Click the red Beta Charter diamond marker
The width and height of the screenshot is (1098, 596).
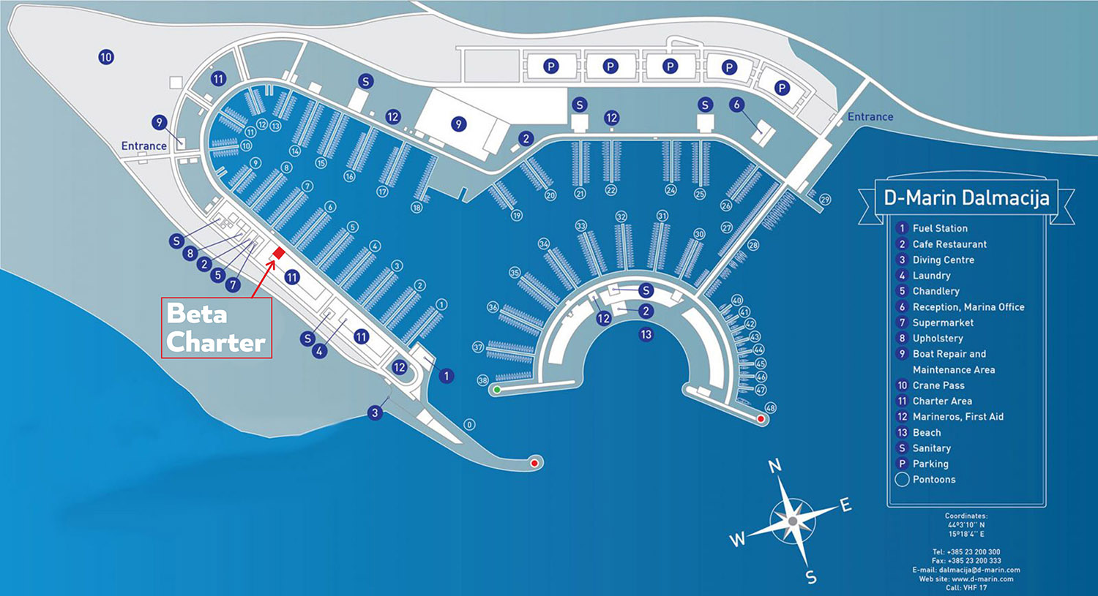click(279, 253)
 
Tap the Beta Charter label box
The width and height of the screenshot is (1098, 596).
click(217, 328)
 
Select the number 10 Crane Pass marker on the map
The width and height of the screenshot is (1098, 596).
click(106, 57)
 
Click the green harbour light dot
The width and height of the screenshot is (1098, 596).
click(497, 390)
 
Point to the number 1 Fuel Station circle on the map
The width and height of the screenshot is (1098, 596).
click(446, 376)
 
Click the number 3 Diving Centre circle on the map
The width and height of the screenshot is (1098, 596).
click(375, 413)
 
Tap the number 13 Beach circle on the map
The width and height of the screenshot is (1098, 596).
click(646, 334)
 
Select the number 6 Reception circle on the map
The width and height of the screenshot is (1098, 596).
click(736, 105)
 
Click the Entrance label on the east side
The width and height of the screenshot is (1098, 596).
click(870, 116)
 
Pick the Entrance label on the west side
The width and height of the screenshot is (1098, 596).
click(143, 146)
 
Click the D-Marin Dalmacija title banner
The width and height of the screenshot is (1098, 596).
click(966, 197)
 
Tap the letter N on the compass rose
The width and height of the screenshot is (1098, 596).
click(774, 466)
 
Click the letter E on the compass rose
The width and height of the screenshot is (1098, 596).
click(845, 505)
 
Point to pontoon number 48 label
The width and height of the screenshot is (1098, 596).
click(770, 408)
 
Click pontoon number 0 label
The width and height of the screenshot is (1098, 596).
click(469, 425)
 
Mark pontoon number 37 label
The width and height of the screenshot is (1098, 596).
click(478, 347)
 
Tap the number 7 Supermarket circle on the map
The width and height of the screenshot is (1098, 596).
click(233, 284)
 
